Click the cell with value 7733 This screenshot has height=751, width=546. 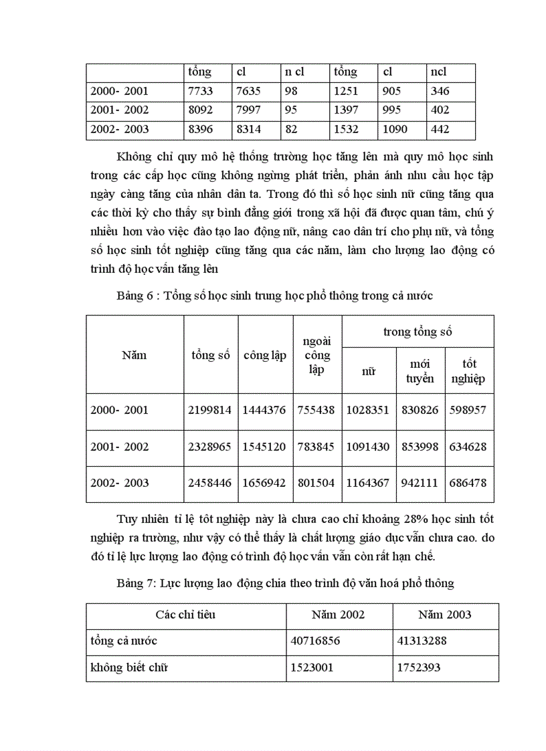click(199, 91)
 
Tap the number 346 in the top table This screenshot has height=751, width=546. click(440, 91)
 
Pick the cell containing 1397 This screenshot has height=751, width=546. click(346, 110)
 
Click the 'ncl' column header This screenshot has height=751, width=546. click(439, 72)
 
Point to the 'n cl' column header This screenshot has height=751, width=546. click(294, 72)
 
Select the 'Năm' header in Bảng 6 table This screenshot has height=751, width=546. click(134, 354)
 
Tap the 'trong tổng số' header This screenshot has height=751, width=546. click(418, 331)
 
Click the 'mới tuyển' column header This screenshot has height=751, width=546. click(420, 370)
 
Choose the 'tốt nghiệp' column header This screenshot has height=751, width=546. click(469, 370)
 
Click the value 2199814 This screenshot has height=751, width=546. click(211, 410)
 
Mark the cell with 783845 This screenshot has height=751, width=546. click(317, 447)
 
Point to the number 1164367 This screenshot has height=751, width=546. click(367, 483)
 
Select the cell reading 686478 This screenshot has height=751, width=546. click(468, 483)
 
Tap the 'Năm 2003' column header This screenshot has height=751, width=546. click(444, 615)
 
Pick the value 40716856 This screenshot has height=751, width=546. click(316, 640)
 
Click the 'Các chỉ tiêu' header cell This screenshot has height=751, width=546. click(185, 615)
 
